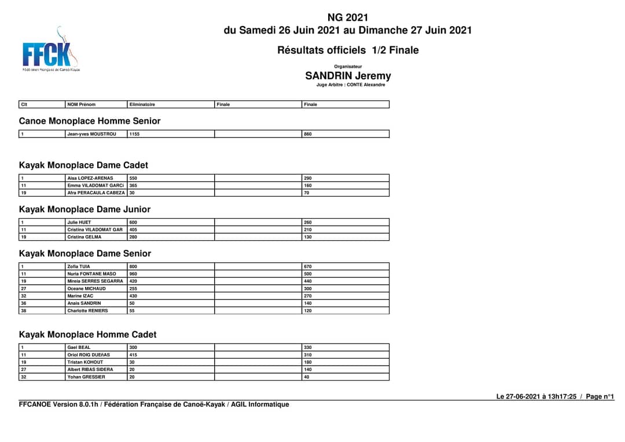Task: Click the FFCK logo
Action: (x=50, y=51)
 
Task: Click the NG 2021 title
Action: (x=347, y=17)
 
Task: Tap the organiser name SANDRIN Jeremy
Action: (x=348, y=76)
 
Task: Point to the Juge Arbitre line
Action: (x=351, y=85)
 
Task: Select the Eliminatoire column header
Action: (x=142, y=105)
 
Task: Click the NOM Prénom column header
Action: (x=82, y=105)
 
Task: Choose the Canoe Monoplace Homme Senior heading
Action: (x=90, y=121)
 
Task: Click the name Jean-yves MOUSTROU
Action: (x=91, y=134)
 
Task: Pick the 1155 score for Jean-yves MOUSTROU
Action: (x=135, y=134)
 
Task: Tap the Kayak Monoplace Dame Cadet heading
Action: (x=83, y=165)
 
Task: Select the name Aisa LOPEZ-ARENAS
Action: (x=90, y=178)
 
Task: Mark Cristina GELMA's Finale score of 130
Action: (x=308, y=237)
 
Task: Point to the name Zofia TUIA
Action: (x=79, y=267)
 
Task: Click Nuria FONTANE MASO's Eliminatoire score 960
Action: (x=134, y=274)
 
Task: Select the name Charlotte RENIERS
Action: (x=87, y=311)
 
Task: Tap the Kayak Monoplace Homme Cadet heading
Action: (x=88, y=334)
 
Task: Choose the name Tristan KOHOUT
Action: (x=85, y=362)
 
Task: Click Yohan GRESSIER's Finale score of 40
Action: (x=307, y=377)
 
